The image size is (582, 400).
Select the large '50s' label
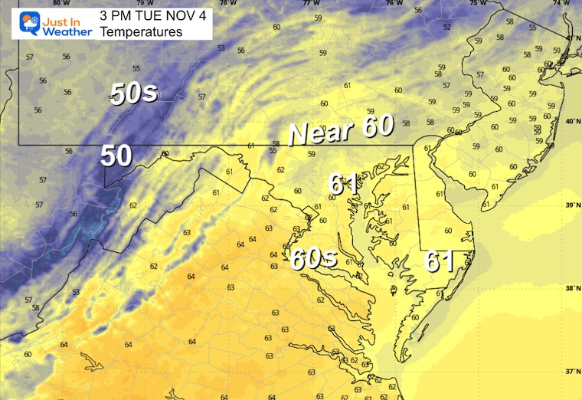pos(134,93)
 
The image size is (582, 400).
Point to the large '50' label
pos(116,156)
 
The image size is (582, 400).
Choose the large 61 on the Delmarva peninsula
pos(440,262)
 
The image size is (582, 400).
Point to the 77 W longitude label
pos(311,3)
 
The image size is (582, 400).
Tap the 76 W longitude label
pos(394,3)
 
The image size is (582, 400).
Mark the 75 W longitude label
pos(477,3)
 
